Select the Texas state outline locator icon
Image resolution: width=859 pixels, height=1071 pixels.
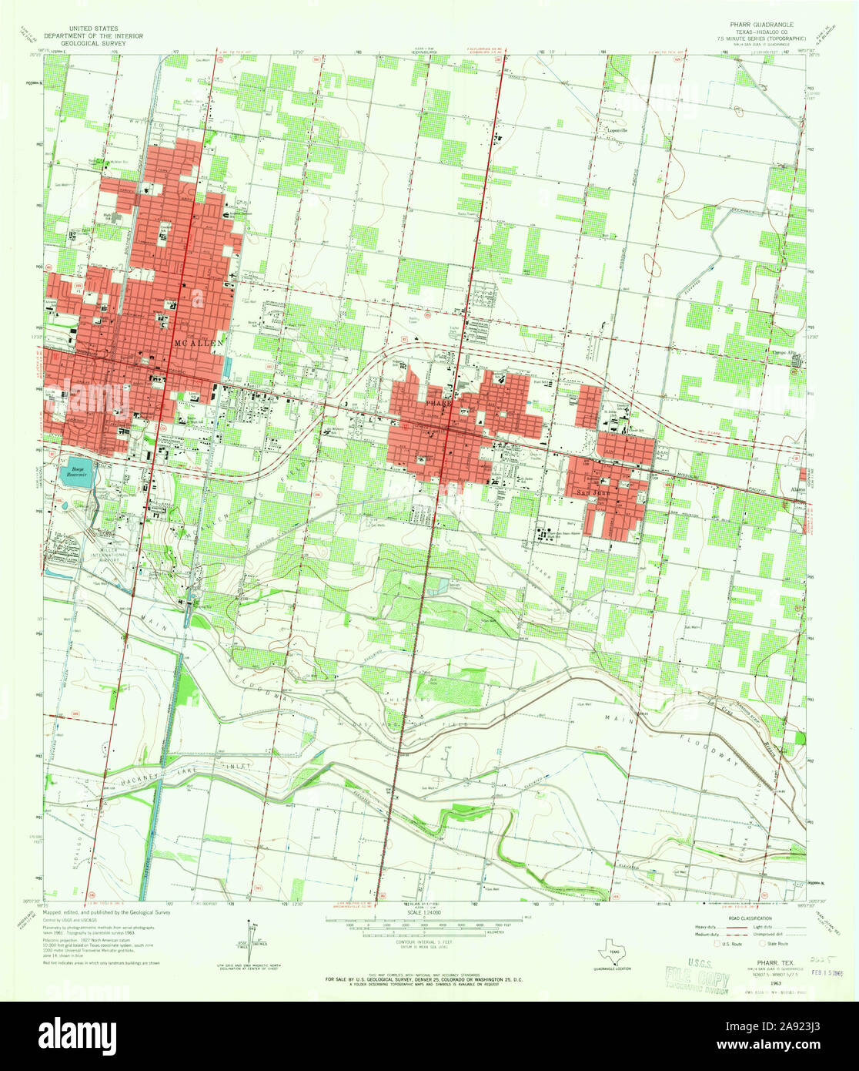(613, 950)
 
